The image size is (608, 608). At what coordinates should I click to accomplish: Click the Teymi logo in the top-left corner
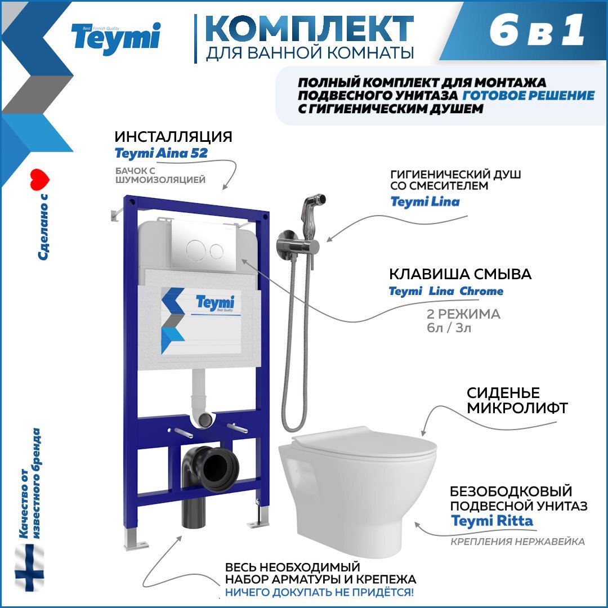(x=115, y=38)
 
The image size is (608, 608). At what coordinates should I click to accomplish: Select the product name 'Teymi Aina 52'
(x=161, y=153)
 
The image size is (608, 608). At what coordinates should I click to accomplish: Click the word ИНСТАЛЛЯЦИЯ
(x=173, y=137)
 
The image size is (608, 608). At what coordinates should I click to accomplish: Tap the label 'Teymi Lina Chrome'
(x=446, y=292)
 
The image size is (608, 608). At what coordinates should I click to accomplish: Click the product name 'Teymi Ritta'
(x=491, y=521)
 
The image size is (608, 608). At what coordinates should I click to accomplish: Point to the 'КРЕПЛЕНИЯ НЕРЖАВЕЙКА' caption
(x=517, y=542)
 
